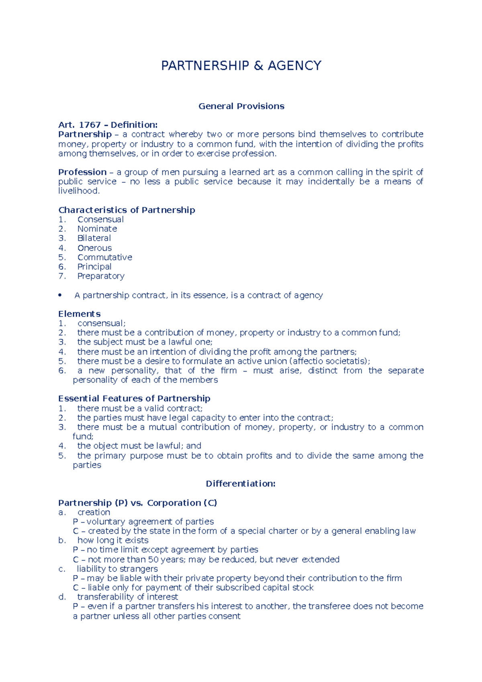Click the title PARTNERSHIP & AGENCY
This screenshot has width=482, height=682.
pyautogui.click(x=241, y=65)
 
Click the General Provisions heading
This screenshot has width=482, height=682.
pyautogui.click(x=241, y=106)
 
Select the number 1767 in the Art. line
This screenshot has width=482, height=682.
pyautogui.click(x=90, y=125)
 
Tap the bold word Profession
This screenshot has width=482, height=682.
pyautogui.click(x=82, y=172)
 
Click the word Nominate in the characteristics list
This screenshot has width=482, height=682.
pyautogui.click(x=97, y=229)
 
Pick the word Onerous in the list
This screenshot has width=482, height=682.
pyautogui.click(x=94, y=248)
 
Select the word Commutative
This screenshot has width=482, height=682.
pyautogui.click(x=104, y=257)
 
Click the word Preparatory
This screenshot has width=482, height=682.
pyautogui.click(x=101, y=276)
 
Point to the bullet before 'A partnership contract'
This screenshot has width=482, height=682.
pyautogui.click(x=60, y=296)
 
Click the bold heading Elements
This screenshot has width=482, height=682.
pyautogui.click(x=79, y=314)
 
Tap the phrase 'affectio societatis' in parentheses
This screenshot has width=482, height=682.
pyautogui.click(x=329, y=361)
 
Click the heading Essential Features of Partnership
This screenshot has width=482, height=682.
pyautogui.click(x=134, y=398)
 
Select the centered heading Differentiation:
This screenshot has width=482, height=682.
pyautogui.click(x=241, y=484)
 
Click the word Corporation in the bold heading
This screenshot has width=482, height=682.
pyautogui.click(x=174, y=503)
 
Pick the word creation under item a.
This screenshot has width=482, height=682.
pyautogui.click(x=94, y=513)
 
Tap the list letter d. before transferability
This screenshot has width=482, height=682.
pyautogui.click(x=62, y=597)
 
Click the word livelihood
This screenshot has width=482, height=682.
pyautogui.click(x=78, y=191)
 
